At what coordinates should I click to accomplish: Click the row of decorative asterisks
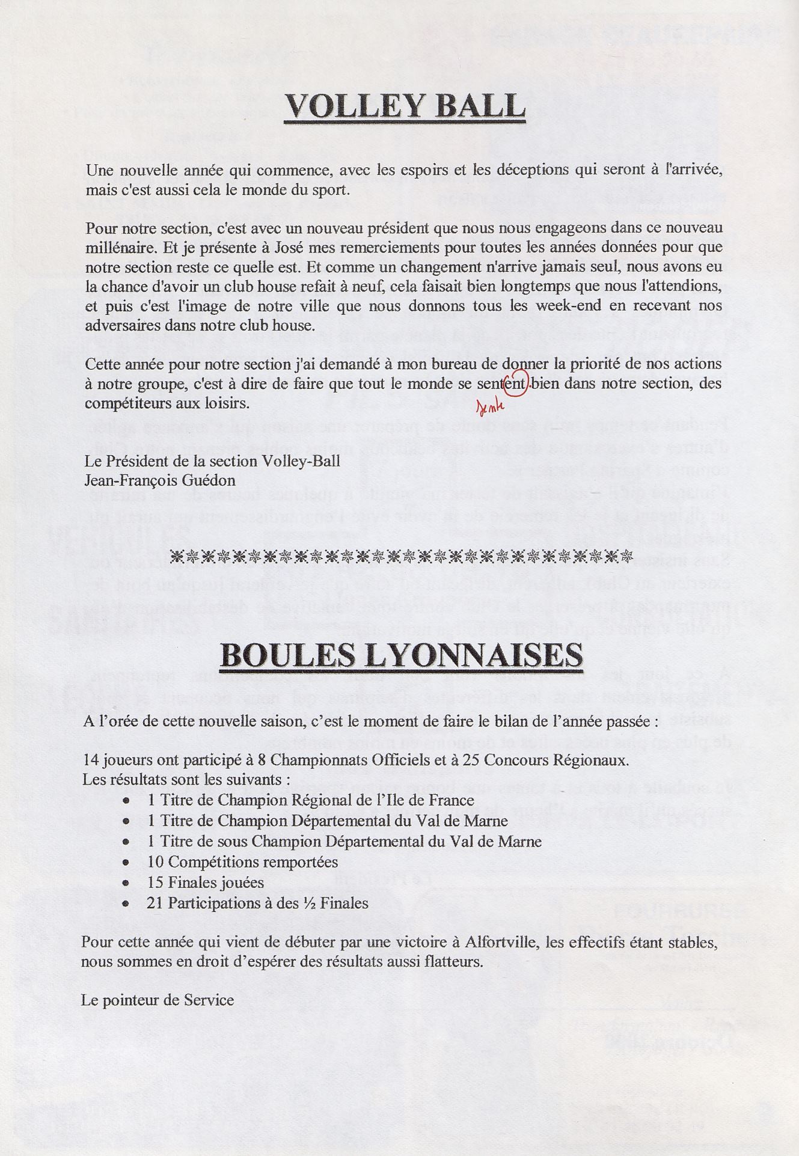tap(402, 555)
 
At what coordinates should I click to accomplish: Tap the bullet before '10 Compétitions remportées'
tap(126, 863)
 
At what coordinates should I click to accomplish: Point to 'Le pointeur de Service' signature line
tap(158, 1000)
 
